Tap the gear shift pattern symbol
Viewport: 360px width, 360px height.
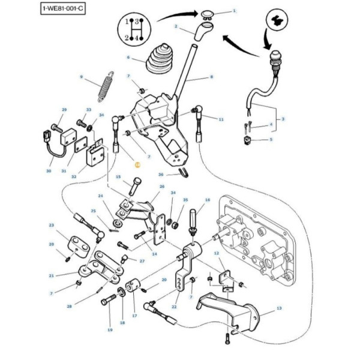click(133, 29)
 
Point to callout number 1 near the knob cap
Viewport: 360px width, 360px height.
click(234, 11)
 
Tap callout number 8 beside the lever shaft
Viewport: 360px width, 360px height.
click(211, 77)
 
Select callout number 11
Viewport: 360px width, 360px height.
click(221, 119)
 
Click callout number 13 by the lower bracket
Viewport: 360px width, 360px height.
click(279, 308)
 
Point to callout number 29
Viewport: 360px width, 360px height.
click(64, 110)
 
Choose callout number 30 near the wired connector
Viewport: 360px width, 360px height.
click(49, 171)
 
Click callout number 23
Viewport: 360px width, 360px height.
click(52, 225)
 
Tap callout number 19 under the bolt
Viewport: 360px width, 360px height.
click(110, 329)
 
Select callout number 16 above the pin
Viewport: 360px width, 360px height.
click(208, 200)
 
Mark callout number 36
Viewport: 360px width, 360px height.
click(161, 175)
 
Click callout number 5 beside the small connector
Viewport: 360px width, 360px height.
click(270, 140)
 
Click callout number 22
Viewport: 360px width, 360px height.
click(174, 307)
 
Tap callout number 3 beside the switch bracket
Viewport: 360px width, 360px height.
click(283, 119)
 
